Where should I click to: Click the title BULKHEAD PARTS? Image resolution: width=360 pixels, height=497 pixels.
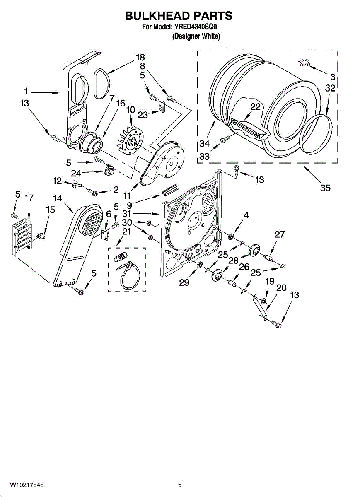179,16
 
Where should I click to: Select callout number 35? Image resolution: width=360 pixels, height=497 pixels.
325,188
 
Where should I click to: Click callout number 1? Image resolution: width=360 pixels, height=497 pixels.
25,91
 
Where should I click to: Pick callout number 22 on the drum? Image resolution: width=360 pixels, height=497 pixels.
255,107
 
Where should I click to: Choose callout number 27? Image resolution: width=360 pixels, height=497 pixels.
280,234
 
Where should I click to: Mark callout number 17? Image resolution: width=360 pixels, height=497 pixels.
29,198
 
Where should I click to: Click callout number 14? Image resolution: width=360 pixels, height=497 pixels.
58,198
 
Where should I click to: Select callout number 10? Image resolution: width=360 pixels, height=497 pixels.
130,110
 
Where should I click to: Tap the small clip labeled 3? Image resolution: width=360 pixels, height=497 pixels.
305,63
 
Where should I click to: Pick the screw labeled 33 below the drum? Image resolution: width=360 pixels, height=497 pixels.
224,140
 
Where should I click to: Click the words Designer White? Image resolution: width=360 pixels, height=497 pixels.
196,36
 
